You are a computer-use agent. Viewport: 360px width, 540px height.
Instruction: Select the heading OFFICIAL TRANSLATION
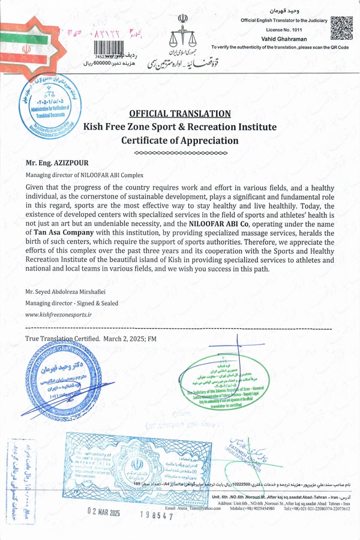pyautogui.click(x=180, y=114)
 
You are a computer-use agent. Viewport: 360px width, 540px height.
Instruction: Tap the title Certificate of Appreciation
pyautogui.click(x=180, y=140)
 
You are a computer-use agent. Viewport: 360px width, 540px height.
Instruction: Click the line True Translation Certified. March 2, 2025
pyautogui.click(x=91, y=339)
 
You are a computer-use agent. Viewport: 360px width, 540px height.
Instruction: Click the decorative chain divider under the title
pyautogui.click(x=180, y=154)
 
